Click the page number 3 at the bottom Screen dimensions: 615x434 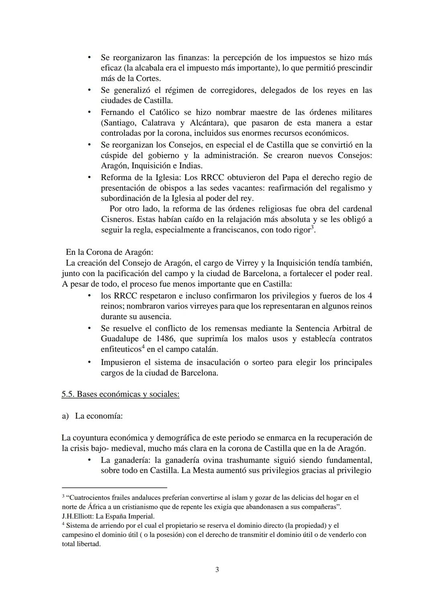(x=217, y=570)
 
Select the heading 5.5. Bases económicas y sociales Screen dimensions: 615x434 (x=120, y=394)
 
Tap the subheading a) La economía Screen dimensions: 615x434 (x=92, y=416)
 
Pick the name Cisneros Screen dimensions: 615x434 (x=117, y=220)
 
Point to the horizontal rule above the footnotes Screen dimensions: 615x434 (x=114, y=487)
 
